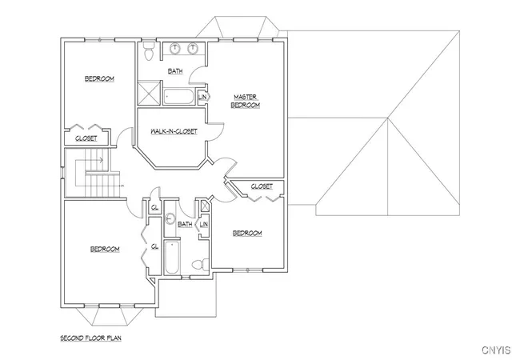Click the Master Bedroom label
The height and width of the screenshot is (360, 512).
tap(246, 102)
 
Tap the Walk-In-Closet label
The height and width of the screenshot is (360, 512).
tap(174, 131)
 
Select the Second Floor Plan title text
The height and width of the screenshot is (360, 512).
tap(90, 338)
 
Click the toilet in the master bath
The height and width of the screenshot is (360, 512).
tap(150, 50)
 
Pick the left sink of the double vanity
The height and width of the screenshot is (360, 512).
tap(175, 49)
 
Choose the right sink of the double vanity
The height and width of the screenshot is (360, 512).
tap(193, 49)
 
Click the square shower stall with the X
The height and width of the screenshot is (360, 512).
tap(150, 93)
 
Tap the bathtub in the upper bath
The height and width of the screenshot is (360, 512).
tap(178, 97)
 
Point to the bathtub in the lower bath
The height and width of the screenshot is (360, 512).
tap(172, 258)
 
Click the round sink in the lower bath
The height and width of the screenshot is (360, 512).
tap(170, 218)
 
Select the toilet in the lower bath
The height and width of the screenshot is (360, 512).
tap(200, 264)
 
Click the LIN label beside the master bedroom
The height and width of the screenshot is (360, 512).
tap(202, 97)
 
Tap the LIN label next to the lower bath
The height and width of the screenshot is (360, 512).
tap(204, 225)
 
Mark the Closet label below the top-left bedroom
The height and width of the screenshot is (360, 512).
tap(86, 138)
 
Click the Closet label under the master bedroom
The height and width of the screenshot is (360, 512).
tap(262, 186)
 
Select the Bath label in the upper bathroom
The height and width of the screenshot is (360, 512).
tap(175, 71)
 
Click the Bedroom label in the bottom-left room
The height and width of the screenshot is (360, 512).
tap(105, 250)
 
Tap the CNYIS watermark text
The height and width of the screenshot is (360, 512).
tap(496, 350)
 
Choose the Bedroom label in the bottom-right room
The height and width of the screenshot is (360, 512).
tap(247, 234)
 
